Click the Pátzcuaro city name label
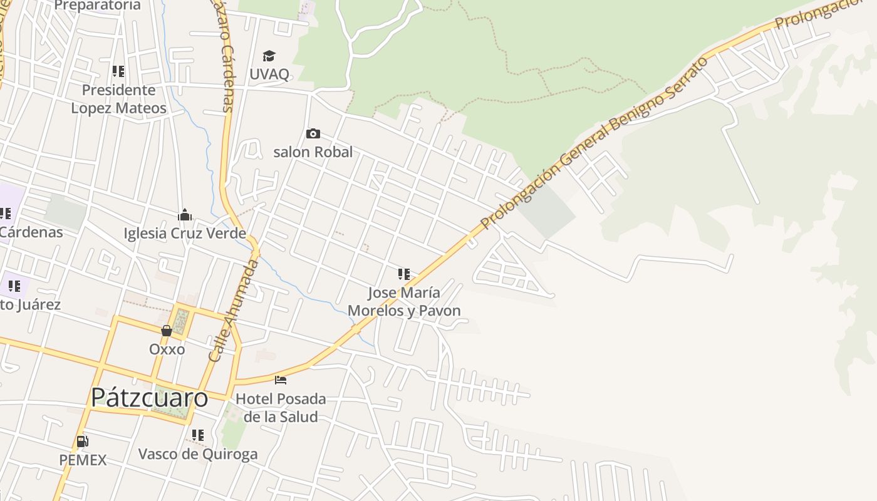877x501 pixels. (x=149, y=398)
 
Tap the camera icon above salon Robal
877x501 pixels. (x=313, y=133)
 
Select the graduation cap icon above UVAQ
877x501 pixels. (x=269, y=56)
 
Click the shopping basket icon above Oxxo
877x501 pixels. (x=167, y=331)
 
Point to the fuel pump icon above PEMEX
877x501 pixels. (x=82, y=442)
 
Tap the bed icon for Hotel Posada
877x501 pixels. (x=281, y=380)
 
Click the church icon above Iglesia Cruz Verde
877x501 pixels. (x=185, y=215)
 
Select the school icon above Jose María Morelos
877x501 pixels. (x=404, y=274)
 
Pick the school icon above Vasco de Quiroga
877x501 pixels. (x=198, y=435)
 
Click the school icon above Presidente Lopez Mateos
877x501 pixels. (x=118, y=71)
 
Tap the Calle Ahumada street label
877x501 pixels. (x=233, y=311)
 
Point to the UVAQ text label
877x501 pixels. (x=269, y=74)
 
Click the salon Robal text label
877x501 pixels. (x=313, y=152)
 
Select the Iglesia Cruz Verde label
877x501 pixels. (x=185, y=234)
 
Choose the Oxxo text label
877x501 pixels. (x=167, y=349)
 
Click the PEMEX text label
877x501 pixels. (x=83, y=460)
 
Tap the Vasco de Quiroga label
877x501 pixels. (x=198, y=454)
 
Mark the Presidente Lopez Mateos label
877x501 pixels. (x=118, y=99)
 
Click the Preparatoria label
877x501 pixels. (x=98, y=6)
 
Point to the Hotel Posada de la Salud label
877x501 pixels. (x=281, y=408)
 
